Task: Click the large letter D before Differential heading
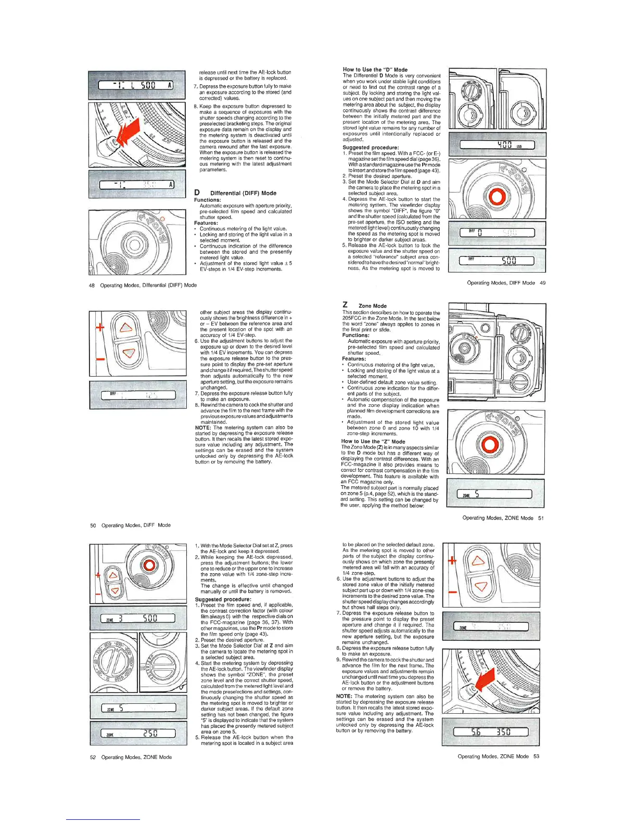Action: (x=197, y=192)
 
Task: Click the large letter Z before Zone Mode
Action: (x=345, y=305)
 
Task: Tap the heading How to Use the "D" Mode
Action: (x=375, y=69)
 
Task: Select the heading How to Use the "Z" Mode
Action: (x=373, y=441)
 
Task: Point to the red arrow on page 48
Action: (x=129, y=132)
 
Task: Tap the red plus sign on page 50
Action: (x=100, y=327)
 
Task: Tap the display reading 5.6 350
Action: (x=490, y=732)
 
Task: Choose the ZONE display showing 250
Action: (x=138, y=733)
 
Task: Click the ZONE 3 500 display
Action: (x=138, y=618)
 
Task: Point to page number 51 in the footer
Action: (x=541, y=518)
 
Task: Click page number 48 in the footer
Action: (x=92, y=285)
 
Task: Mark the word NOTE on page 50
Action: (x=203, y=428)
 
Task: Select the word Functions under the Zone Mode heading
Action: (x=355, y=336)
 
